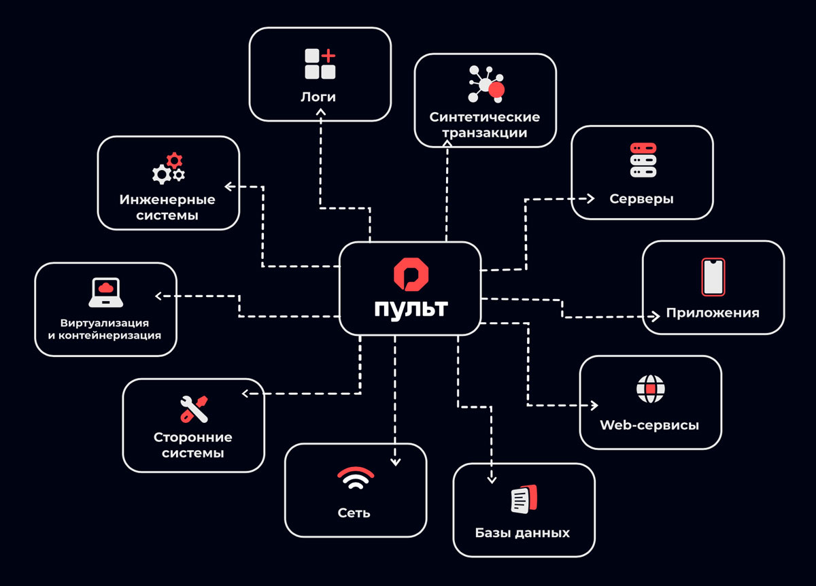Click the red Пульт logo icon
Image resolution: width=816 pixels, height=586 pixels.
coord(410,274)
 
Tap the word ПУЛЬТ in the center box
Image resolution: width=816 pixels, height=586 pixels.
coord(410,308)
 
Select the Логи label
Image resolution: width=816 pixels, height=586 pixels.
coord(318,97)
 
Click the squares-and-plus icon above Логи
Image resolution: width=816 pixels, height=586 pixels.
coord(320,64)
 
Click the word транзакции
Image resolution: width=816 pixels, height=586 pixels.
coord(485,133)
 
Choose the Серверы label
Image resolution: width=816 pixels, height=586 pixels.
coord(642,199)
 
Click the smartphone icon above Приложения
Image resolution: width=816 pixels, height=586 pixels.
coord(713,277)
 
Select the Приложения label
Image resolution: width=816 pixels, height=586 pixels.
coord(713,313)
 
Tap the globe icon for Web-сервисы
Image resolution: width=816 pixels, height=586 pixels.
coord(650,389)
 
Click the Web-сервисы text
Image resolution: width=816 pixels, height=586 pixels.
coord(649,426)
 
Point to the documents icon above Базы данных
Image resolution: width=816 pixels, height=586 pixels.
coord(524,500)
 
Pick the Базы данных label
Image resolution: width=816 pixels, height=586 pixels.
coord(522,532)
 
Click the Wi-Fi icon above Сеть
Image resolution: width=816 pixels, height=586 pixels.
coord(355,479)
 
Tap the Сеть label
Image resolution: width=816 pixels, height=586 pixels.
coord(354,513)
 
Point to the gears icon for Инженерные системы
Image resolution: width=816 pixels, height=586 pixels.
coord(168,170)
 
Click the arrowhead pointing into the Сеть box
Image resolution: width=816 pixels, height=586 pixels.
coord(395,462)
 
